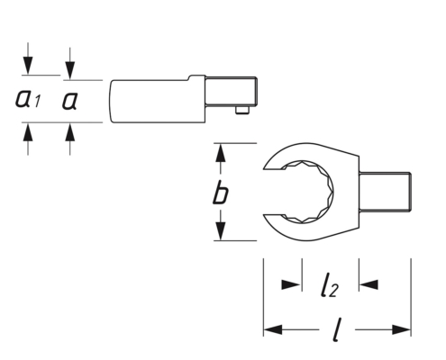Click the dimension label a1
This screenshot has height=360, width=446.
(x=28, y=99)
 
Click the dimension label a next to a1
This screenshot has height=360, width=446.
(x=69, y=101)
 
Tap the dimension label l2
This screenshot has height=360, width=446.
(x=329, y=284)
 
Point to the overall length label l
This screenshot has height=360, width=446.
(x=337, y=329)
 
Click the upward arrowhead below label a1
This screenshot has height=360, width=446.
(x=28, y=132)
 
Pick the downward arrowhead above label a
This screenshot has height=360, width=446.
(x=70, y=70)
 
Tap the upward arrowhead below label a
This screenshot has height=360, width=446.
(x=70, y=132)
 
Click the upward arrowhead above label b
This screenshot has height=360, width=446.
(x=221, y=153)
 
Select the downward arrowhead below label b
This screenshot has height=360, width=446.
(x=221, y=231)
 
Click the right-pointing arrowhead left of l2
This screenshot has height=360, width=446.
(x=291, y=284)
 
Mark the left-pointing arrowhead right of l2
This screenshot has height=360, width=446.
(x=369, y=284)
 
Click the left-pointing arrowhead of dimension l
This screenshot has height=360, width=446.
(x=273, y=329)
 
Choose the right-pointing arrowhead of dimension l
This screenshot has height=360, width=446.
(x=402, y=329)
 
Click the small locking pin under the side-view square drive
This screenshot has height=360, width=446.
(x=242, y=110)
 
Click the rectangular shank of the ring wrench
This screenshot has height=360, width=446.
(x=385, y=193)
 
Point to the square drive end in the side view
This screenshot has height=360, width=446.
(x=232, y=91)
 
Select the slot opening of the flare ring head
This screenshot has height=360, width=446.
(x=274, y=193)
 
